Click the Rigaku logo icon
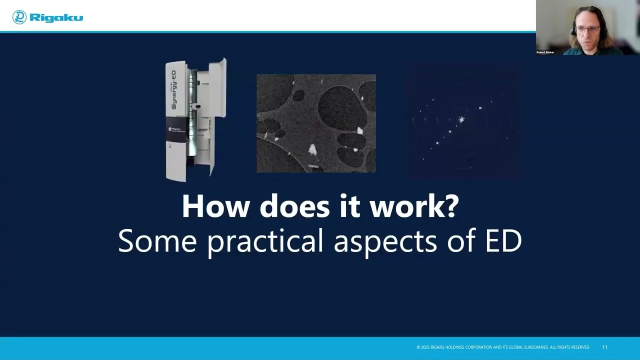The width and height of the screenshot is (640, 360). pyautogui.click(x=19, y=17)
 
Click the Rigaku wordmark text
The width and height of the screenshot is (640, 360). pyautogui.click(x=56, y=18)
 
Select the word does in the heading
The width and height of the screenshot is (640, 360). pyautogui.click(x=295, y=206)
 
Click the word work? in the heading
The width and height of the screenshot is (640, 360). pyautogui.click(x=413, y=206)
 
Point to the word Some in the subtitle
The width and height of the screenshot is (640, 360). pyautogui.click(x=157, y=240)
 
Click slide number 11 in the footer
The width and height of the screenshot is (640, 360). pyautogui.click(x=604, y=347)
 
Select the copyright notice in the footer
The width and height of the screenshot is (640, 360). pyautogui.click(x=503, y=347)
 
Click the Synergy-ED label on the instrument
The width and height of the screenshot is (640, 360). pyautogui.click(x=173, y=90)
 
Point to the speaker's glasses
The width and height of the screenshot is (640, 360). pyautogui.click(x=588, y=29)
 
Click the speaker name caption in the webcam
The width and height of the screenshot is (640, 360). pyautogui.click(x=545, y=52)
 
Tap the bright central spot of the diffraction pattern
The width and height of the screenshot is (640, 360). pyautogui.click(x=461, y=119)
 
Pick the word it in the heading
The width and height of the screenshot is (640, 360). pyautogui.click(x=349, y=206)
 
